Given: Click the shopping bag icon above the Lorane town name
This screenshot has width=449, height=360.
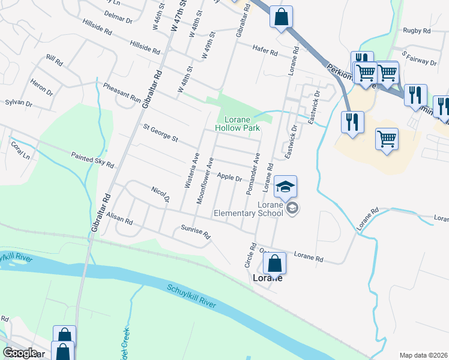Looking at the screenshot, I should pyautogui.click(x=274, y=263).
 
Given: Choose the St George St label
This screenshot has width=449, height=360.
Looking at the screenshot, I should pyautogui.click(x=160, y=133).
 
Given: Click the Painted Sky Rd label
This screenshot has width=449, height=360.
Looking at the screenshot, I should pyautogui.click(x=92, y=160).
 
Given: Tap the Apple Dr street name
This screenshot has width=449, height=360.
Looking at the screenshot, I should pyautogui.click(x=229, y=178).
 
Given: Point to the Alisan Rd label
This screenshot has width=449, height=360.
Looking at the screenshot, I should pyautogui.click(x=119, y=221).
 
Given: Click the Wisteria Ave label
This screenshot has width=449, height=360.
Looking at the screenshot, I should pyautogui.click(x=191, y=170).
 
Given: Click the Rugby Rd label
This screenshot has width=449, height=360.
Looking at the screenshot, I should pyautogui.click(x=417, y=31).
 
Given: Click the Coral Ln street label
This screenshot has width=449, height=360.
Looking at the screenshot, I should pyautogui.click(x=19, y=150).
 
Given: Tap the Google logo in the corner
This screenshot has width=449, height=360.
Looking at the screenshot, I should pyautogui.click(x=20, y=353).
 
